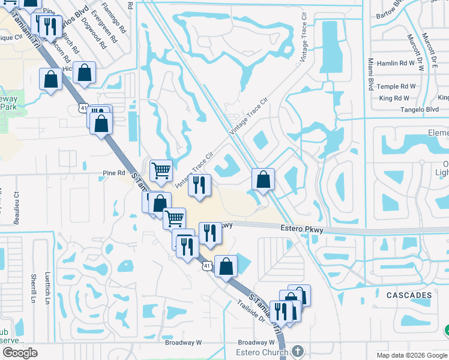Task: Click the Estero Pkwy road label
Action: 302,229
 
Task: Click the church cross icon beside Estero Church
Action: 298,350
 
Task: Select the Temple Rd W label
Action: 397,86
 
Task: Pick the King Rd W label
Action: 394,98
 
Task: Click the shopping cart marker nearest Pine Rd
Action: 161,171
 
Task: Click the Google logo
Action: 20,353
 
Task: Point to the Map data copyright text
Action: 412,355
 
